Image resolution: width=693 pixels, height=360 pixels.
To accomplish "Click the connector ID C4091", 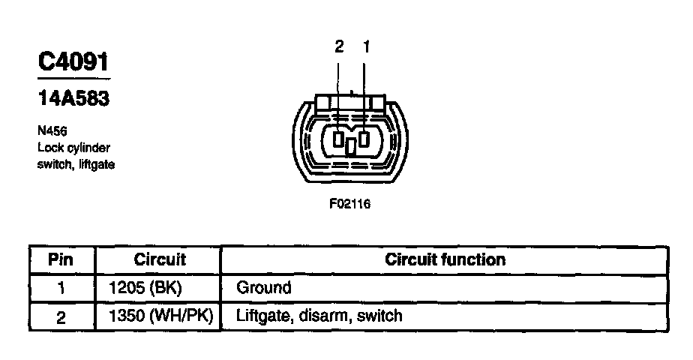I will coord(73,61).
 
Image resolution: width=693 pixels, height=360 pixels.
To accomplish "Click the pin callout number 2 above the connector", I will coord(339,47).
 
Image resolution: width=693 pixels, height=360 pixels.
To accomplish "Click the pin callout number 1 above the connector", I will coord(366,47).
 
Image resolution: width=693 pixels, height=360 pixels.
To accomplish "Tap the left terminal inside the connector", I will coord(339,139).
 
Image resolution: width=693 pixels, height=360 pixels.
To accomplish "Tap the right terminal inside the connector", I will coord(364,139).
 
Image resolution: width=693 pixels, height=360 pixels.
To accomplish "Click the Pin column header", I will coord(61,260).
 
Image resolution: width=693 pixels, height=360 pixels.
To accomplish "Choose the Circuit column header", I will coord(159,260).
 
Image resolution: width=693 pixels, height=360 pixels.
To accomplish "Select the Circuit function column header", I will coord(445,260).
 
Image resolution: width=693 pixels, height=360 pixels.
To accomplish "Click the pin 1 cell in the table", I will coord(61,288).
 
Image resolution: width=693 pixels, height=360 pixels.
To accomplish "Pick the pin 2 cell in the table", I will coord(61,316).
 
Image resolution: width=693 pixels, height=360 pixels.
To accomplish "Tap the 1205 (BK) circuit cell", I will coord(145,288).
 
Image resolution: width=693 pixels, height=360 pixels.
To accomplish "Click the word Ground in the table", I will coord(263,288).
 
